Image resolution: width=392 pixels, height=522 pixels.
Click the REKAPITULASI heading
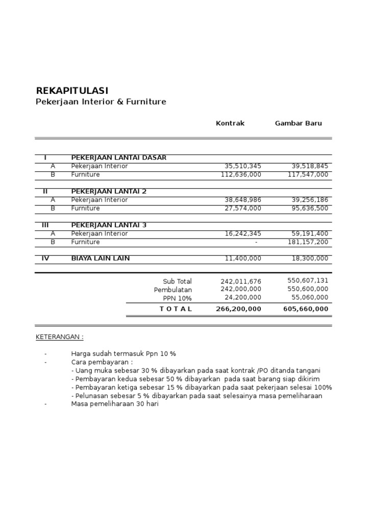click(72, 91)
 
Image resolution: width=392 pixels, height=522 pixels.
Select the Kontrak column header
click(230, 123)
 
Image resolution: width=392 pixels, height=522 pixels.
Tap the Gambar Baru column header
click(299, 123)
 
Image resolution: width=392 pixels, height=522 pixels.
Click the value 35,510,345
click(243, 166)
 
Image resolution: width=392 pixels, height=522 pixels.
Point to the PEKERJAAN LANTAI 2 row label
click(109, 191)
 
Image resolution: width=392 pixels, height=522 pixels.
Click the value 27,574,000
click(243, 208)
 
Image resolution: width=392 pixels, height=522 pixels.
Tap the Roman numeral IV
click(45, 258)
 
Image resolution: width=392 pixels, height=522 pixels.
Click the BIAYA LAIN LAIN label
click(101, 258)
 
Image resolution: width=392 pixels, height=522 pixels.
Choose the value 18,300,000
click(310, 258)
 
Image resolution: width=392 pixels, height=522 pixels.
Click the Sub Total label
click(177, 281)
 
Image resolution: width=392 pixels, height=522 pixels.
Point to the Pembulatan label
click(173, 290)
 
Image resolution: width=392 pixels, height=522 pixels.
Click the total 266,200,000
click(239, 309)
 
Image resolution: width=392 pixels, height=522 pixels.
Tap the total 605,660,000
click(306, 309)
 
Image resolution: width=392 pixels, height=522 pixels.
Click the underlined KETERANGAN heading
click(60, 337)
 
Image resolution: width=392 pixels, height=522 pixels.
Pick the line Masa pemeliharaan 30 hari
click(115, 404)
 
